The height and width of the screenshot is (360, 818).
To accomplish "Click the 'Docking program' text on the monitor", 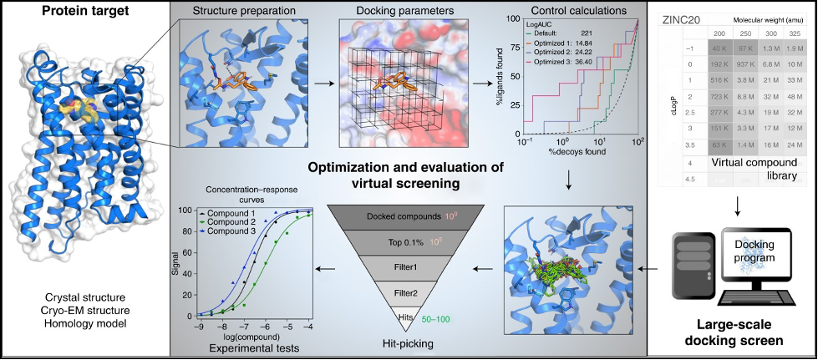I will [756, 250].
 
